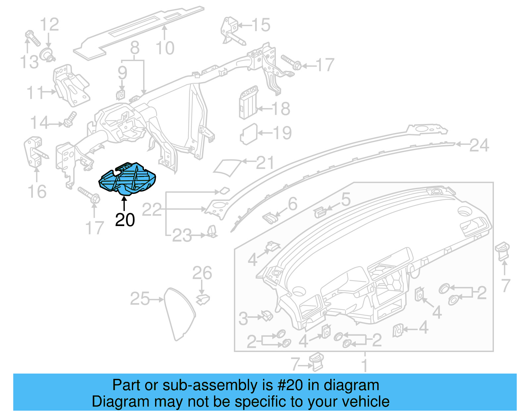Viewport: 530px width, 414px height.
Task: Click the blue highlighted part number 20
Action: (128, 178)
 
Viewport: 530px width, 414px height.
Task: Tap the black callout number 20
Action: (125, 220)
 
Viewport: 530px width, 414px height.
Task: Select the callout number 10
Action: (165, 48)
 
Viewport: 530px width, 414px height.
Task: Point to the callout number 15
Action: (261, 25)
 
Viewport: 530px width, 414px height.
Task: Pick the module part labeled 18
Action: (248, 102)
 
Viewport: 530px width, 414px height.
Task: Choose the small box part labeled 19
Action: (248, 134)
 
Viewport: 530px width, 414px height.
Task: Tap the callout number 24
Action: (479, 145)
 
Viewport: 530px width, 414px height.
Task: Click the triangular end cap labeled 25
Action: (179, 313)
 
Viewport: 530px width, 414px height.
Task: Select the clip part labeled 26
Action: (202, 299)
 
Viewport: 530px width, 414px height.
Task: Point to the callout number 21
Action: (265, 163)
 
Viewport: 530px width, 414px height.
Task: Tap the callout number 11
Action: (35, 92)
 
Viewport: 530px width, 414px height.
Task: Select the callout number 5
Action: (345, 200)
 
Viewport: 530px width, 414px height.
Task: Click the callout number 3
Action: (243, 319)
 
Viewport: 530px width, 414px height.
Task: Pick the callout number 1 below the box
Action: (364, 366)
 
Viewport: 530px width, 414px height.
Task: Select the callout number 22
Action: (152, 209)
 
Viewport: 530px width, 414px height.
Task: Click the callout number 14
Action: (39, 123)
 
